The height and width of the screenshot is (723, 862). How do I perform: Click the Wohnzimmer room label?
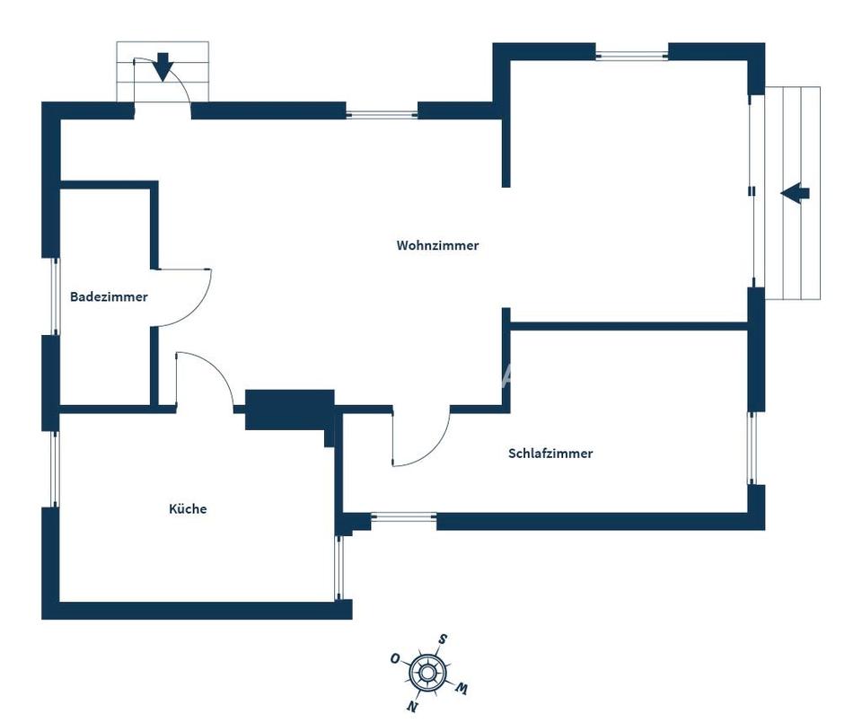coord(437,245)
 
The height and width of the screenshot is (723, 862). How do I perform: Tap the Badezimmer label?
coord(109,297)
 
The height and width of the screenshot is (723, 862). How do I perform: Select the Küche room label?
coord(188,508)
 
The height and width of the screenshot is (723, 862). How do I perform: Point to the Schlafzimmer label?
coord(550,453)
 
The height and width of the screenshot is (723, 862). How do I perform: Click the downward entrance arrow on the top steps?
coord(163,66)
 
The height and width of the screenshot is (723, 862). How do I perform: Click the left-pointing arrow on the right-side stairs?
coord(795,193)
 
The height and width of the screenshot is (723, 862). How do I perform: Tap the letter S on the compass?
coord(442,639)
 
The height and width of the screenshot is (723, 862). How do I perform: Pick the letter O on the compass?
coord(395,658)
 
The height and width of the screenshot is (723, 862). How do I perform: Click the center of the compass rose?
coord(427,672)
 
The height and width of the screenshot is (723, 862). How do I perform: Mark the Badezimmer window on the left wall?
coord(55,295)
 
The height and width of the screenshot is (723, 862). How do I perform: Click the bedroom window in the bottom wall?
coord(404,516)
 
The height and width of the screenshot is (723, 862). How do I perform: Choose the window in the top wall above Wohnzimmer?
coord(383,115)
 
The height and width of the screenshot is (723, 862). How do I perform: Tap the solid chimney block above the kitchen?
coord(290,410)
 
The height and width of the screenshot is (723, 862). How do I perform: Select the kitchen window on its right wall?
coord(339,568)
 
